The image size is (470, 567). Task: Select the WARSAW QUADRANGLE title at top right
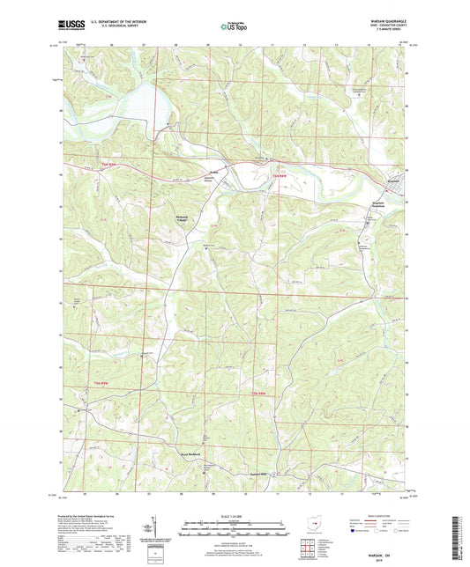383,21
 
